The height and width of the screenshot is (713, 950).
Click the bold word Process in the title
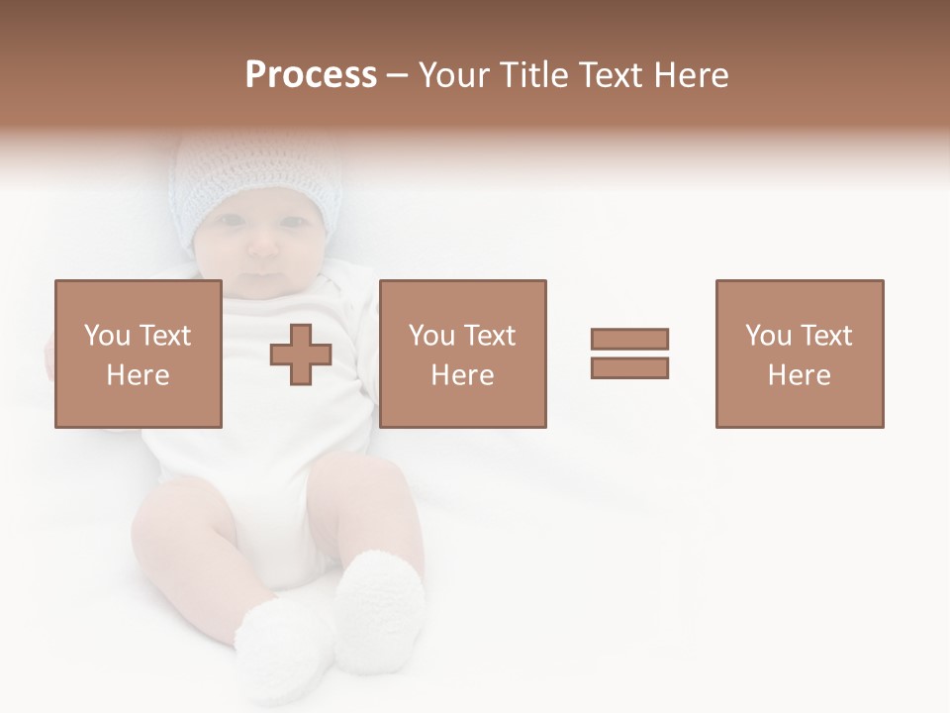point(311,75)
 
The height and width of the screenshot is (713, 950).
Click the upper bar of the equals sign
point(629,339)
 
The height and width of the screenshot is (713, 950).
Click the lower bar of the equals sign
point(629,367)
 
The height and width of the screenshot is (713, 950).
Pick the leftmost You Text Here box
point(139,354)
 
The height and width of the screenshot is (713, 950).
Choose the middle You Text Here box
point(462,354)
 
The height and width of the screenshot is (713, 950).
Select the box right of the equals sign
point(799,354)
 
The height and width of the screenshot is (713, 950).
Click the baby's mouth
point(261,271)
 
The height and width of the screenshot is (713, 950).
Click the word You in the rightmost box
point(768,336)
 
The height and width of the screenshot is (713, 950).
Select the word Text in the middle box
point(489,336)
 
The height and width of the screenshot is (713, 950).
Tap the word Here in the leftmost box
point(138,375)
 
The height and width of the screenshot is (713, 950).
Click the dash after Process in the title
point(397,75)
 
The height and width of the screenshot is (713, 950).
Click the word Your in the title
point(456,75)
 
